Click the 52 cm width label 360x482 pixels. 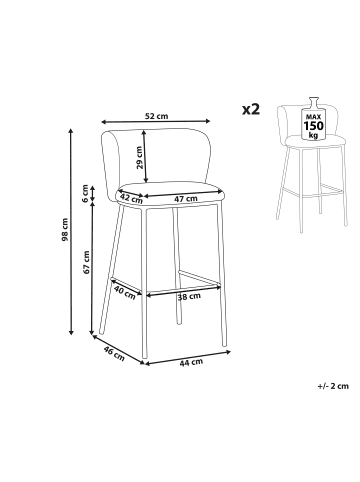(157, 116)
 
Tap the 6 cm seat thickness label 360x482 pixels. (85, 193)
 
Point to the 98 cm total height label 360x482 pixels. (65, 230)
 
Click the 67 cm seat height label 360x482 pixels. (87, 262)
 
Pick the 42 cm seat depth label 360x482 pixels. (131, 198)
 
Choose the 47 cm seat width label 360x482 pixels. (186, 199)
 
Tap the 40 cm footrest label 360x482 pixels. (125, 293)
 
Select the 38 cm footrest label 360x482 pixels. (189, 296)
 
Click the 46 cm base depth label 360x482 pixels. (114, 353)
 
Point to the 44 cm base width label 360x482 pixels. (191, 362)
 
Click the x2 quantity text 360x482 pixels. (251, 109)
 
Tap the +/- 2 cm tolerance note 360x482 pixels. (333, 386)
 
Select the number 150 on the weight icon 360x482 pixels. (313, 126)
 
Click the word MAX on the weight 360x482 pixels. (313, 117)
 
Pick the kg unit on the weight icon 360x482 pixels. (313, 135)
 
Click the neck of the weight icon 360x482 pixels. (314, 102)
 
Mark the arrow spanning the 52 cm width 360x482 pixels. (156, 121)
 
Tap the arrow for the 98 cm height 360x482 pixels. (71, 231)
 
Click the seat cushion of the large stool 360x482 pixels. (170, 193)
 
